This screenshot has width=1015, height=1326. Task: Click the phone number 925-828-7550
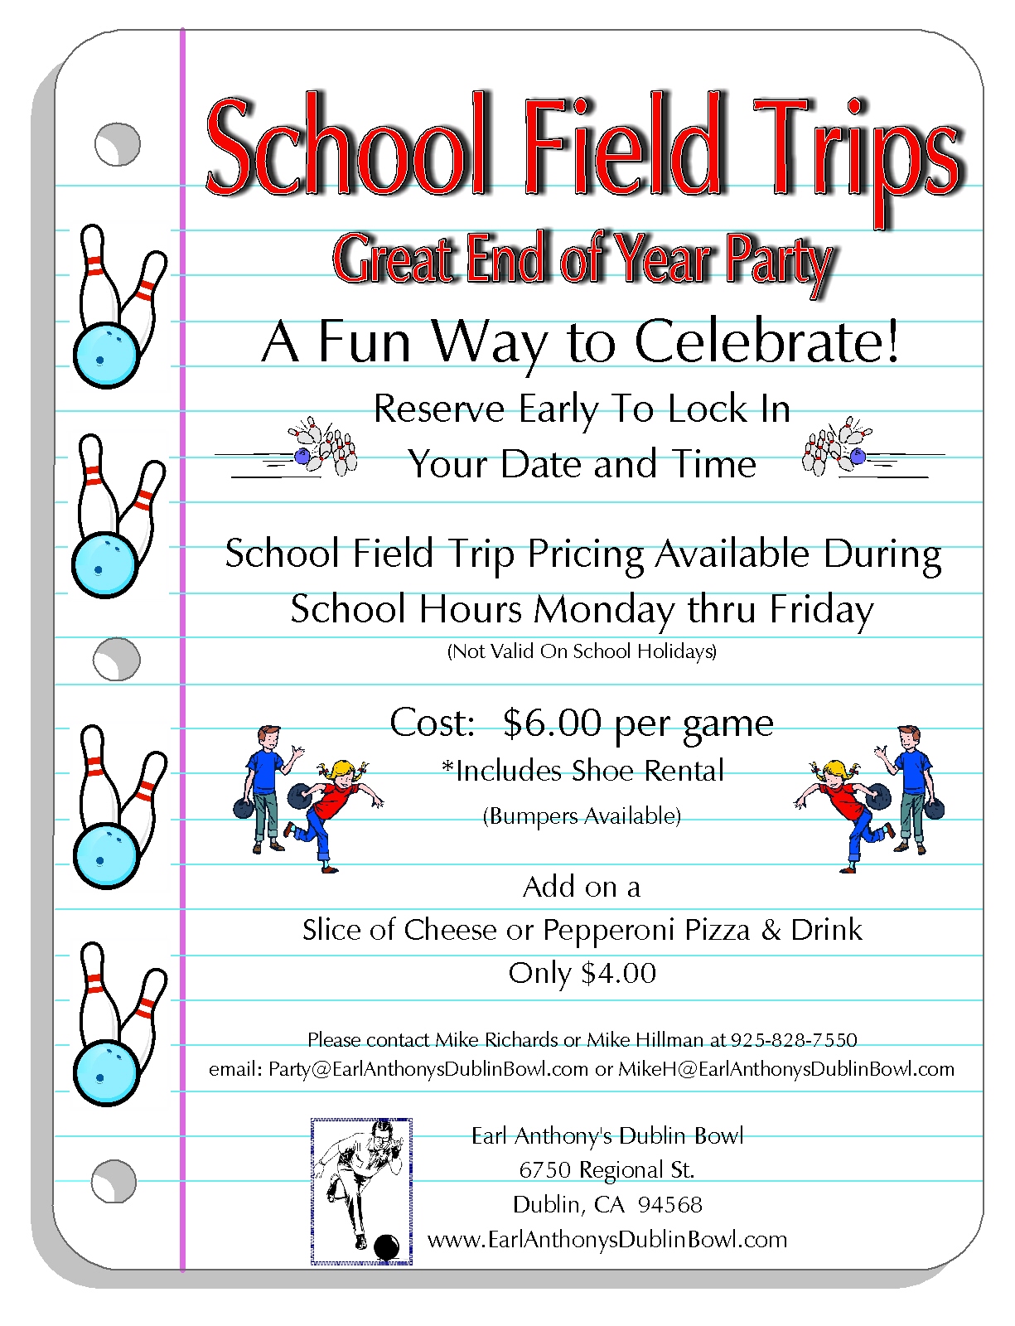pos(794,1039)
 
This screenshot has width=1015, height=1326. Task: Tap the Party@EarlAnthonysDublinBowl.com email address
pos(428,1069)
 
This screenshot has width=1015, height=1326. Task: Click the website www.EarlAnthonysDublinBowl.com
pos(607,1240)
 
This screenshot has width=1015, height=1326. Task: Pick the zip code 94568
pos(669,1204)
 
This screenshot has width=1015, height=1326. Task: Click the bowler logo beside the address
pos(361,1191)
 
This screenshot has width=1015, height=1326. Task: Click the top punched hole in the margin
pos(117,145)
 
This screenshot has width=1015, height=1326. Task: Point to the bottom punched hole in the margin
pos(114,1180)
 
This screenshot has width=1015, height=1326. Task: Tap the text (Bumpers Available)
pos(582,816)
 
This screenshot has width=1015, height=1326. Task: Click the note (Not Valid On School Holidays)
pos(582,651)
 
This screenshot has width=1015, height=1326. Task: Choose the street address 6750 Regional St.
pos(607,1169)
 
